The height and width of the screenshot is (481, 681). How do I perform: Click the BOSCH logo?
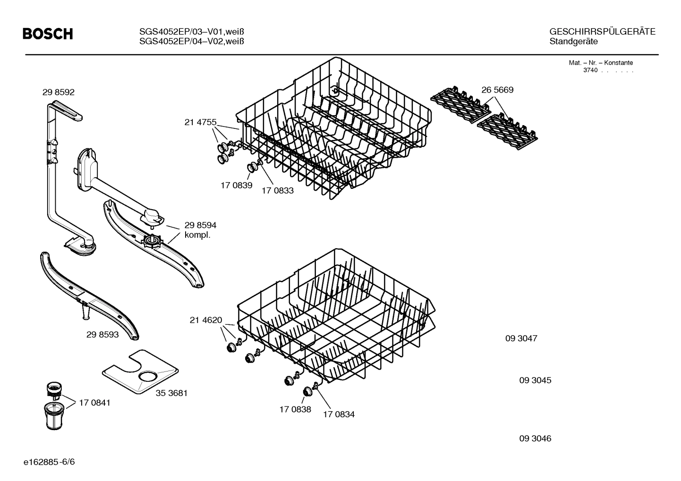48,34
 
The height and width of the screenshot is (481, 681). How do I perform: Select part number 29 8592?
59,93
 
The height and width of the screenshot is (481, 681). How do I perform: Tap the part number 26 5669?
497,90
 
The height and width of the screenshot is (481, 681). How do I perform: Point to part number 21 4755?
200,123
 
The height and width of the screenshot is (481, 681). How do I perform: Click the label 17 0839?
236,185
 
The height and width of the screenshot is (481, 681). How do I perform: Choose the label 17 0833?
278,191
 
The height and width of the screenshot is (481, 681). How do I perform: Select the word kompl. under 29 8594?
197,235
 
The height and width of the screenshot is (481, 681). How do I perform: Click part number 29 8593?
102,335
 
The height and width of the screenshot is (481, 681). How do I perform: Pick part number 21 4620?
206,320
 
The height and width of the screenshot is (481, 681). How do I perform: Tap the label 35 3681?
171,393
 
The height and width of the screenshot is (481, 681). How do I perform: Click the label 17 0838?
295,409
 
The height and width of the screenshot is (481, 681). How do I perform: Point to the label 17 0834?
339,414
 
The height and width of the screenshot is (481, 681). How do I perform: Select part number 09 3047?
521,338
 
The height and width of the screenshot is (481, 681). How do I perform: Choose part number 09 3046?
535,439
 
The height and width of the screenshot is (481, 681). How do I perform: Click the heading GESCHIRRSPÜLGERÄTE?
602,32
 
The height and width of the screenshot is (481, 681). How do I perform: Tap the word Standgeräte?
573,42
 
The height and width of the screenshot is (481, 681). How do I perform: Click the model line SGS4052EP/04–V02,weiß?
191,42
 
